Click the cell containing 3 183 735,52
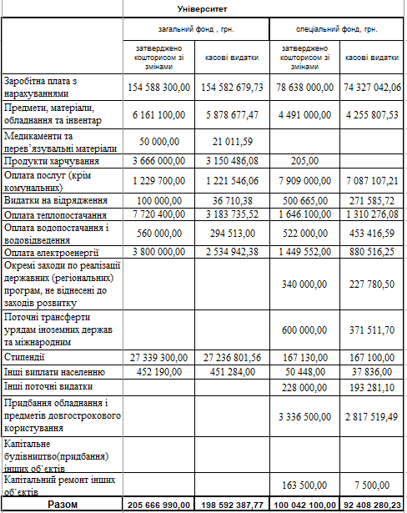(x=234, y=214)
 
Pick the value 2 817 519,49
(x=373, y=416)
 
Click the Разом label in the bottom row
(x=63, y=505)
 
